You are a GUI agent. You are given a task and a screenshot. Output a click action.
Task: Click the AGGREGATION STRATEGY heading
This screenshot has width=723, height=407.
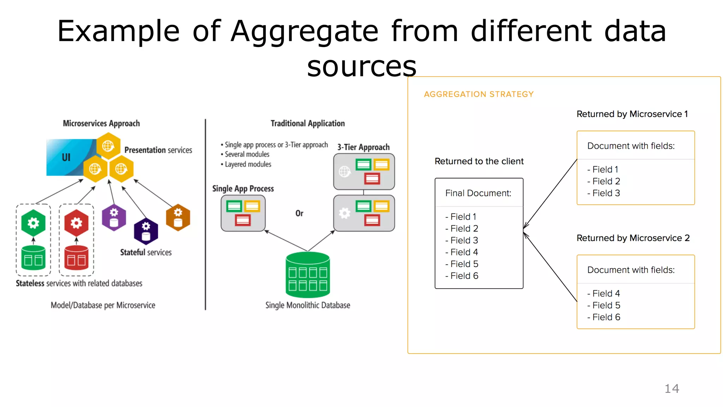click(478, 94)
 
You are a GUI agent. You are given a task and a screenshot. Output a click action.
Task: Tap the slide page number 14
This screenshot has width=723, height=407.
click(671, 389)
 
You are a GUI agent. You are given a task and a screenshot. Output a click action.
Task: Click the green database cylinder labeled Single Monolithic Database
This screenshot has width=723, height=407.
click(308, 275)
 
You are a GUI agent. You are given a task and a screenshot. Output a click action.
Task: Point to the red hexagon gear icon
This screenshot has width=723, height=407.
click(76, 223)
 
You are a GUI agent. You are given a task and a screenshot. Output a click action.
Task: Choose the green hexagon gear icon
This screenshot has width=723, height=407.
click(33, 223)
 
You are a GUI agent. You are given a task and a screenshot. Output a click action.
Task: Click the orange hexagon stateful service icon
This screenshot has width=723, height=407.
click(178, 217)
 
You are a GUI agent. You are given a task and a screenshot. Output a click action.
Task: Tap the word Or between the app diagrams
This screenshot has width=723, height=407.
click(299, 213)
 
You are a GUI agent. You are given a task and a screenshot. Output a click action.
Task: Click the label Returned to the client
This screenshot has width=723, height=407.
click(479, 161)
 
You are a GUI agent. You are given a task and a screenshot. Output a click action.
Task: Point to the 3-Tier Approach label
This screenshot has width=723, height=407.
click(363, 147)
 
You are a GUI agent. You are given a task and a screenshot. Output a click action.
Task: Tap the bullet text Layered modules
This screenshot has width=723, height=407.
click(248, 164)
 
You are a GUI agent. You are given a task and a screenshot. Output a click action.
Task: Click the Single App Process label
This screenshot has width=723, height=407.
click(243, 189)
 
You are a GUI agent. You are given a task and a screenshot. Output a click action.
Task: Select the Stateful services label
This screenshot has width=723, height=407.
click(146, 252)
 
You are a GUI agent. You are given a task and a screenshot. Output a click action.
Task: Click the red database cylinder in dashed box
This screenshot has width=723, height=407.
click(76, 258)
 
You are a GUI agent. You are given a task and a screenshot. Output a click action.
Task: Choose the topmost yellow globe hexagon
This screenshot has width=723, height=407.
click(108, 146)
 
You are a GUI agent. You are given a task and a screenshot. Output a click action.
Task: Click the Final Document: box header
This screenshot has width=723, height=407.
click(478, 193)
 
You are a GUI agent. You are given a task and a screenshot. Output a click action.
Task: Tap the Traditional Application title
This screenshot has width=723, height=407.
click(307, 123)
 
